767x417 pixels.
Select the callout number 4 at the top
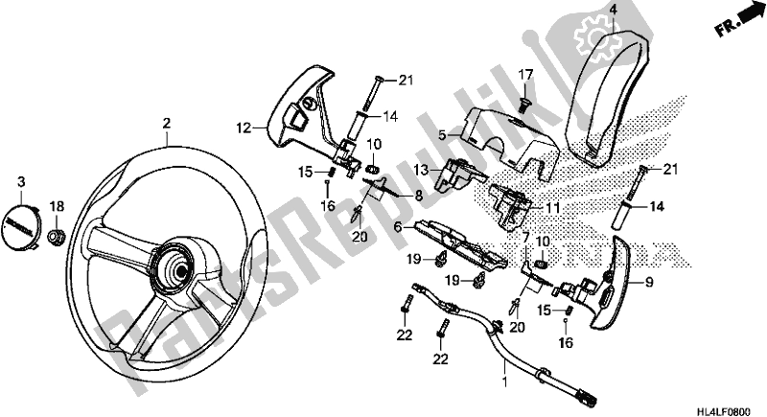point(586,10)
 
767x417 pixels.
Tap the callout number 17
point(525,74)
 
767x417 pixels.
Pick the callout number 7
point(525,236)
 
